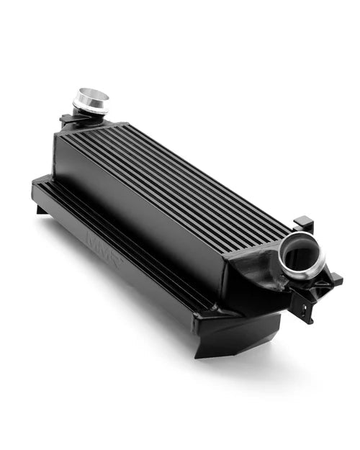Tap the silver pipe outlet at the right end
pos(302,256)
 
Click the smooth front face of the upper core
pos(137,209)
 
